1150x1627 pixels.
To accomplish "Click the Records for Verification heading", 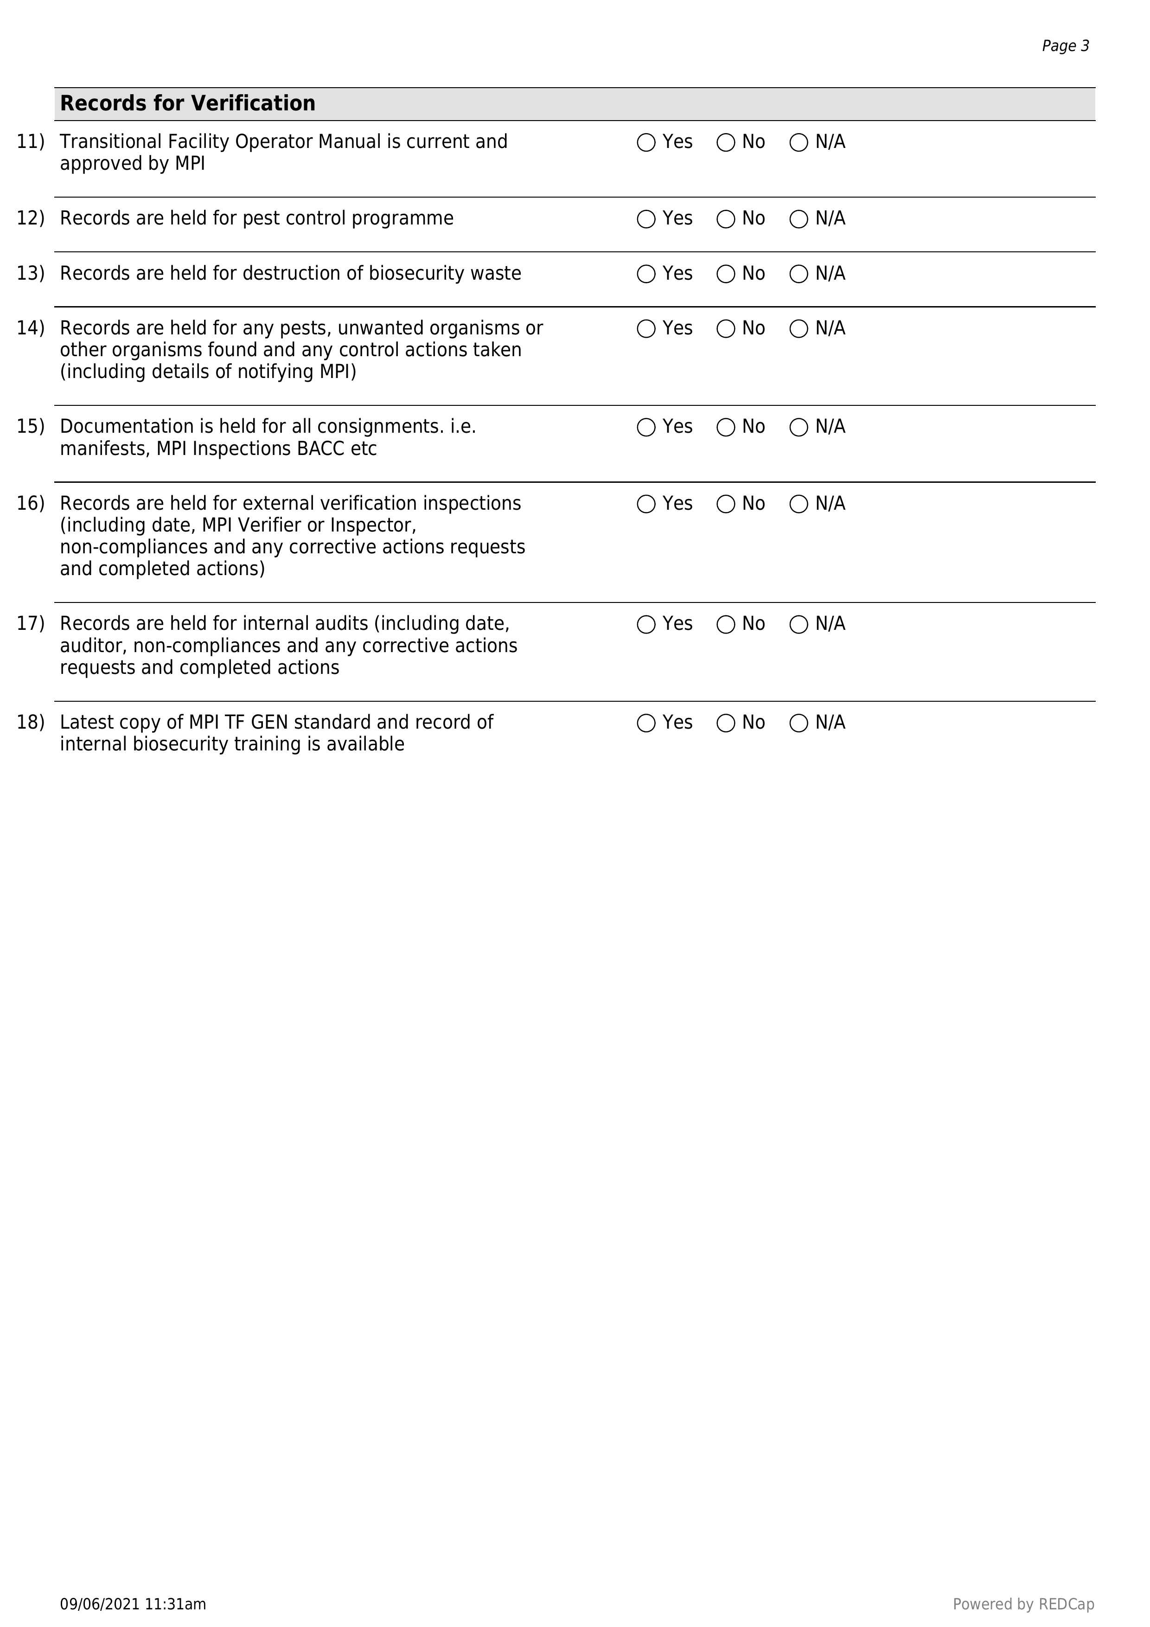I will [188, 103].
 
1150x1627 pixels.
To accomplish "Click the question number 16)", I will [31, 503].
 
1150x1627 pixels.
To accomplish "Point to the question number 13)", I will [31, 274].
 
